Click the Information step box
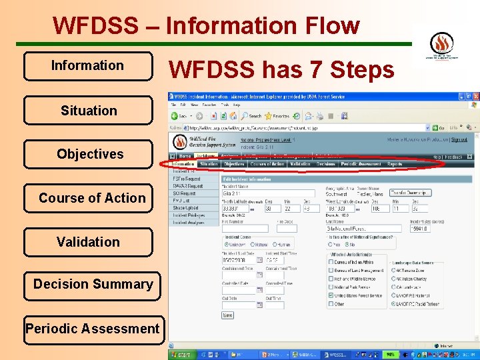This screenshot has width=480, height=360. coord(87,66)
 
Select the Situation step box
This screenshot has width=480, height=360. coord(88,111)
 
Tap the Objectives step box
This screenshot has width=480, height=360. coord(89,154)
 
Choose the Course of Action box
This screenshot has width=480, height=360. coord(91,198)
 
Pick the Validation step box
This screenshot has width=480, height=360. coord(88,242)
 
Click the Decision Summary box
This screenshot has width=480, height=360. coord(93,285)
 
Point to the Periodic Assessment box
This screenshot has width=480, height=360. coord(93,329)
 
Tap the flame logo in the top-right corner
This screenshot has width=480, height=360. coord(441,44)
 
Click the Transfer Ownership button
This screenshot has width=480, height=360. coord(410,193)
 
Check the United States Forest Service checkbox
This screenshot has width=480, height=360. coord(331,295)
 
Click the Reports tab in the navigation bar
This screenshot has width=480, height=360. coord(395,164)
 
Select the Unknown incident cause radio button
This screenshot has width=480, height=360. coord(225,244)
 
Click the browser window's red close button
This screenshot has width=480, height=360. coord(475,96)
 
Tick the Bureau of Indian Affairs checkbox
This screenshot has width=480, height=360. coord(331,262)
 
